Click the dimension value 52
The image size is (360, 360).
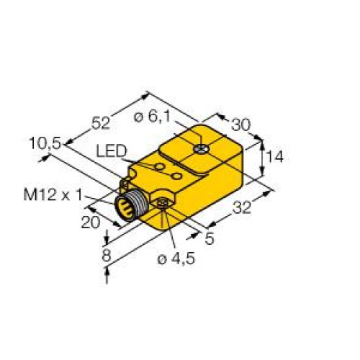coord(102,122)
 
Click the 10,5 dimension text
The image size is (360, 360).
coord(45,143)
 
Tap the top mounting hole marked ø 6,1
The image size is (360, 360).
coord(203,150)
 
